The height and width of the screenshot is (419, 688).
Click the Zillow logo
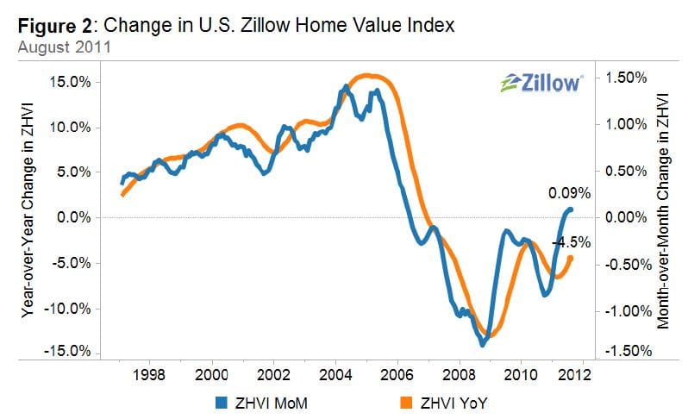pos(541,83)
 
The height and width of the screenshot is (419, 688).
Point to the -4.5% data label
pos(570,242)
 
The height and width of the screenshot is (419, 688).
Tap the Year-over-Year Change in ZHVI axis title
pos(28,216)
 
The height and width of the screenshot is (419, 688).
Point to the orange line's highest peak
pos(366,76)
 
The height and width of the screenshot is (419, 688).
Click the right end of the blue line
pos(571,209)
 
